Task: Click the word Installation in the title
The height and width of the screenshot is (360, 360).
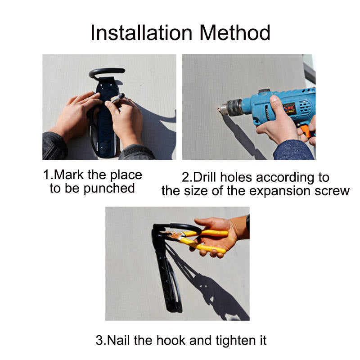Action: pyautogui.click(x=141, y=33)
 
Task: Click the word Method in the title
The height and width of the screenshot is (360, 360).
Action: pyautogui.click(x=234, y=33)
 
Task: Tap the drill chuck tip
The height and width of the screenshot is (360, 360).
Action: pyautogui.click(x=219, y=109)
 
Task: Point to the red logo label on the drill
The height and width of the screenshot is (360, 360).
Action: pyautogui.click(x=289, y=109)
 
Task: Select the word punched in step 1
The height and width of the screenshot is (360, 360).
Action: pyautogui.click(x=109, y=189)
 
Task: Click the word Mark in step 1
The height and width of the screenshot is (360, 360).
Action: pyautogui.click(x=69, y=175)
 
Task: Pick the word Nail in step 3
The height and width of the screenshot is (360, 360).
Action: pyautogui.click(x=118, y=340)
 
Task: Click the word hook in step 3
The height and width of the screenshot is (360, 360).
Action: pyautogui.click(x=171, y=340)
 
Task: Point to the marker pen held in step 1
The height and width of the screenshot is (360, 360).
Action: pyautogui.click(x=117, y=98)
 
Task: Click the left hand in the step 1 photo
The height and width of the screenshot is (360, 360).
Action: pyautogui.click(x=76, y=115)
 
